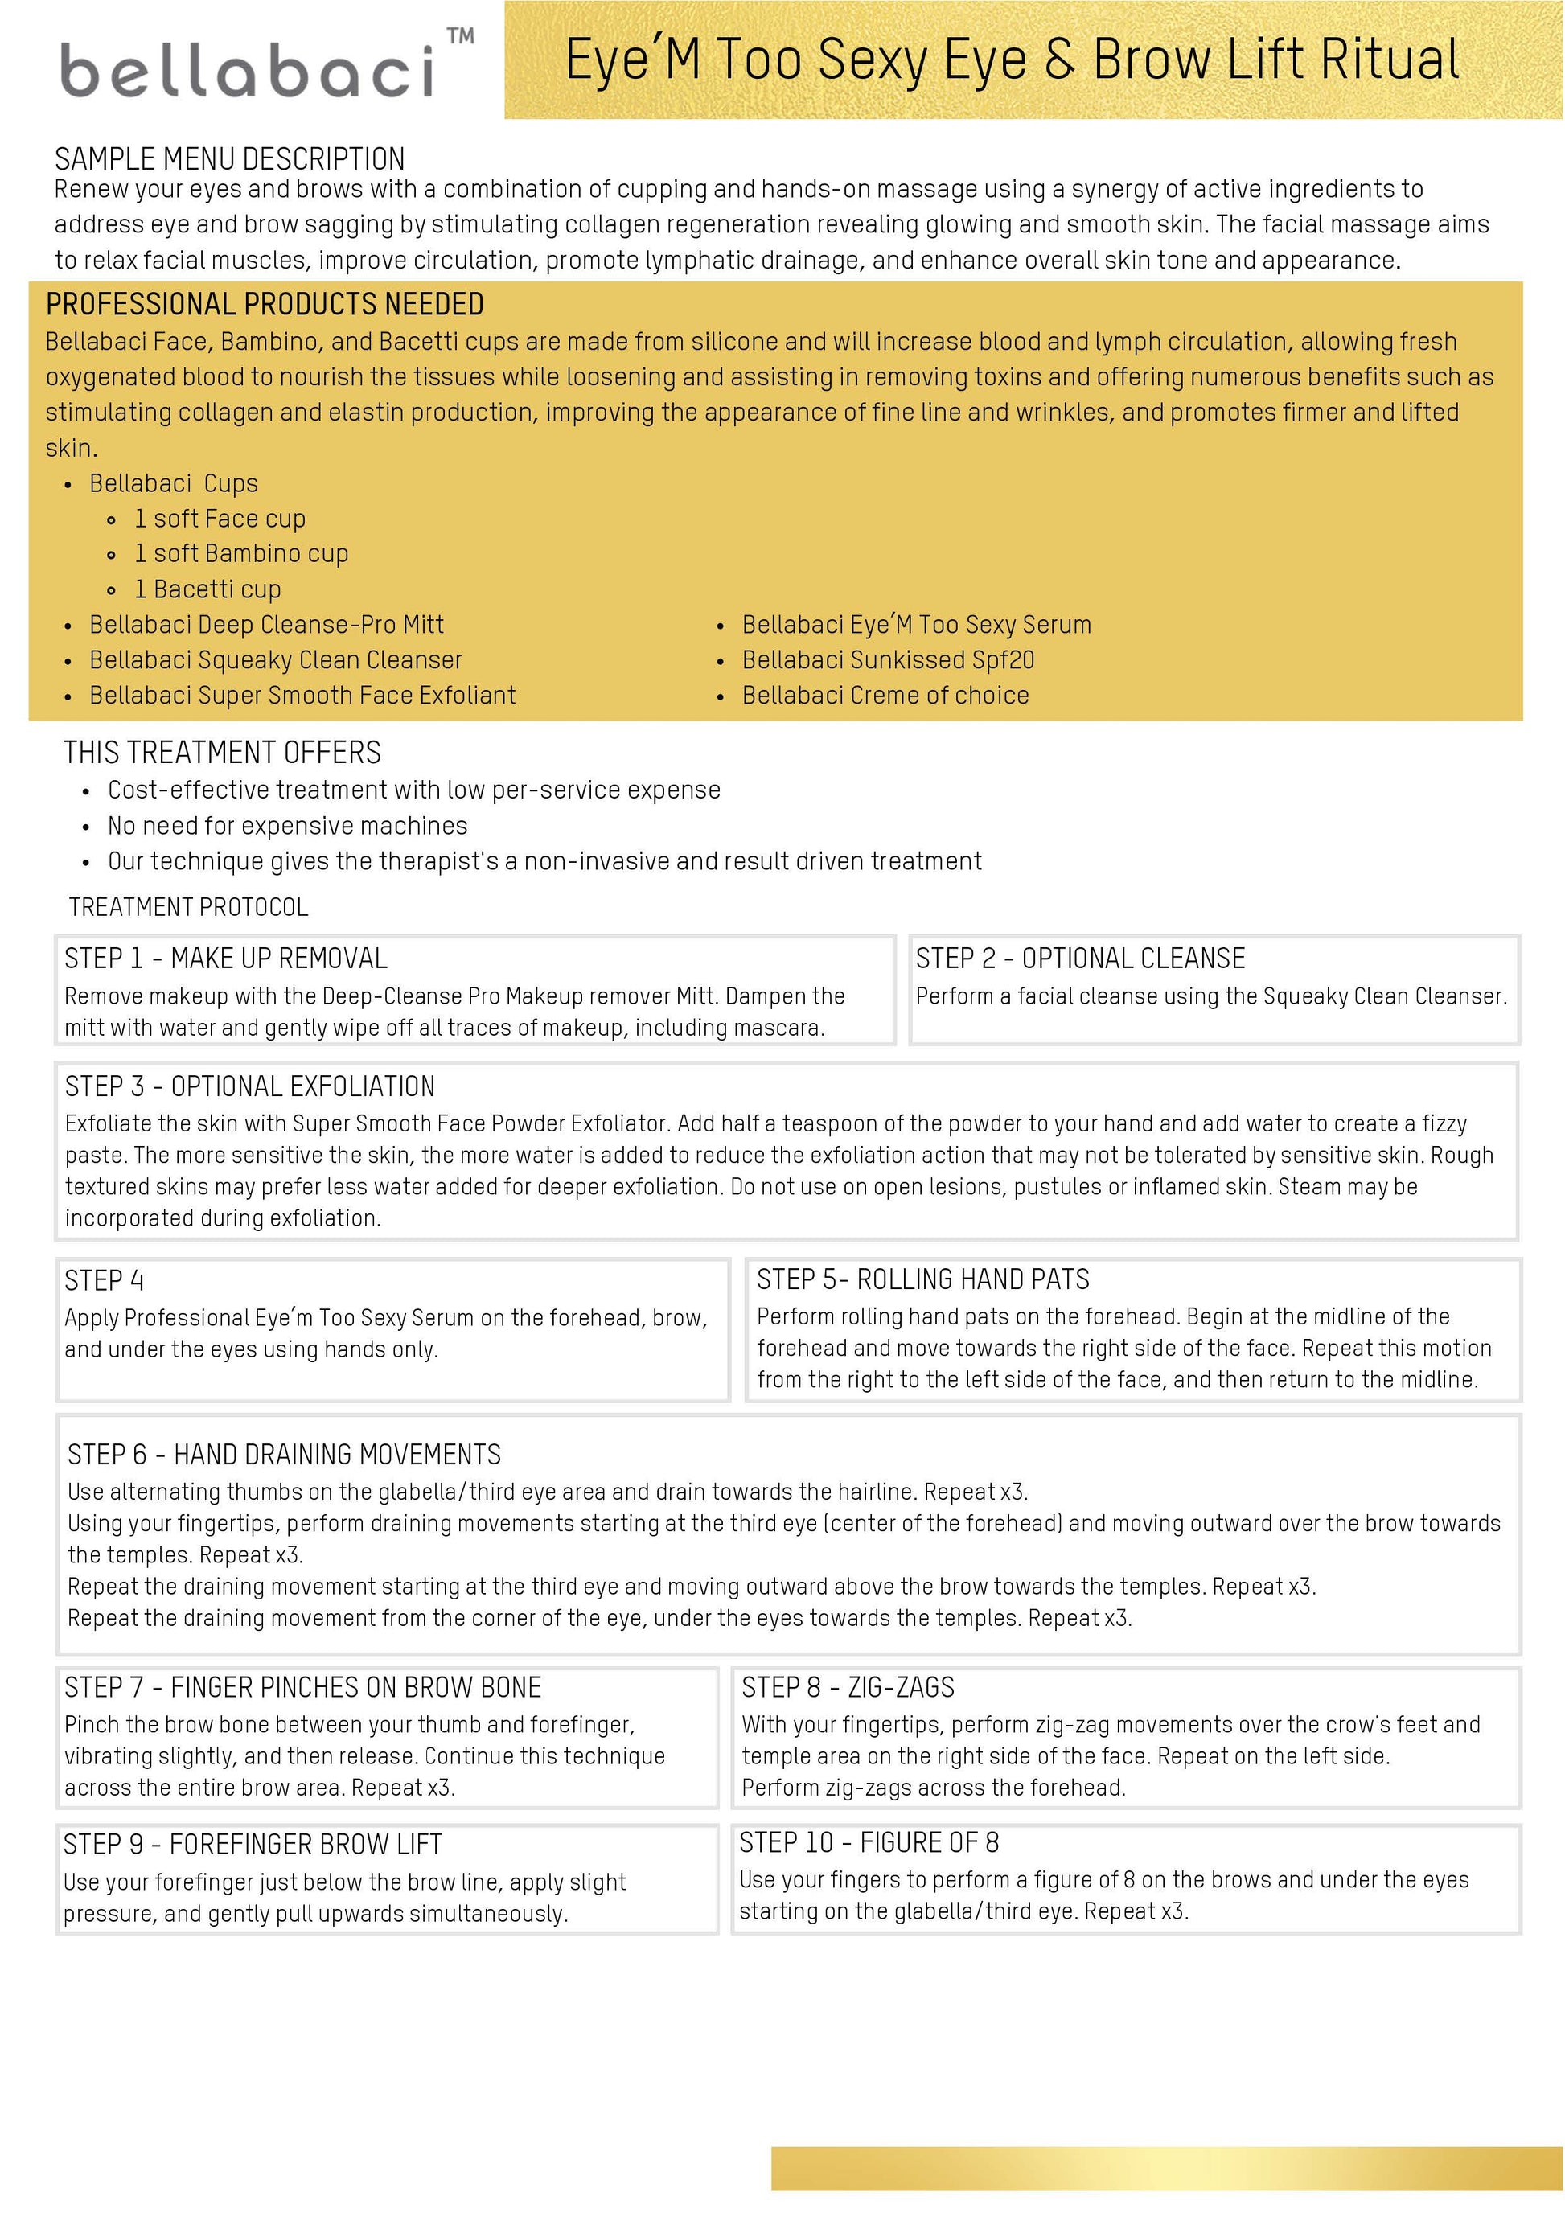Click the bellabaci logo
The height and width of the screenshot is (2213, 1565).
(248, 69)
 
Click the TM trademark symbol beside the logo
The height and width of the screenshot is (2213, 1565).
(461, 37)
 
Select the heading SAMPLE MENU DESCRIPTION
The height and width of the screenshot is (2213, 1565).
(229, 159)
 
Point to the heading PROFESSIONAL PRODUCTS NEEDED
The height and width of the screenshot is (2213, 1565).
(265, 305)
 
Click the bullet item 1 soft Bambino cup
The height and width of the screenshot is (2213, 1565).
(241, 553)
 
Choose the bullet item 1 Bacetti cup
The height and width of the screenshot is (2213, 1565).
(207, 589)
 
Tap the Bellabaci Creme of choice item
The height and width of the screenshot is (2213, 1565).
(885, 696)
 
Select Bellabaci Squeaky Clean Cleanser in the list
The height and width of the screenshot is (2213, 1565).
(276, 660)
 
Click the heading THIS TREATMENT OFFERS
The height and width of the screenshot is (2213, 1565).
(222, 753)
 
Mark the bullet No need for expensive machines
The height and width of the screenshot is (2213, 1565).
(287, 826)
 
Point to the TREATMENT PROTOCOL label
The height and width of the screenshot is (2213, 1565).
(189, 907)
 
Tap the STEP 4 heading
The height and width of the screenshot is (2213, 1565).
(104, 1281)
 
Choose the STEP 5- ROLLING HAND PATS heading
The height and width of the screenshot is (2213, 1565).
(922, 1279)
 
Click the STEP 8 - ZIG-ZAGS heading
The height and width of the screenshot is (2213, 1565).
(848, 1687)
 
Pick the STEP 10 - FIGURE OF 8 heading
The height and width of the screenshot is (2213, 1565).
(869, 1843)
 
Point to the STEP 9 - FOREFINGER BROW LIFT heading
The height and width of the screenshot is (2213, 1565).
(253, 1845)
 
